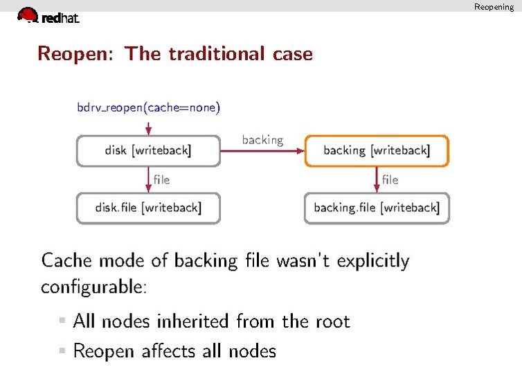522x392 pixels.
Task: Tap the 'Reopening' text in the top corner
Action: coord(494,7)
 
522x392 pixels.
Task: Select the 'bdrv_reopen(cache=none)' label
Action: coord(148,107)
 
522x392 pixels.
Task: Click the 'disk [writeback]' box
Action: coord(148,150)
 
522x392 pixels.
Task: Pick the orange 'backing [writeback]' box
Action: coord(377,150)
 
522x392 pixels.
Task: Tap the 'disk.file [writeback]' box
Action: coord(148,208)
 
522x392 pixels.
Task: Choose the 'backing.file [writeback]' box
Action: coord(377,208)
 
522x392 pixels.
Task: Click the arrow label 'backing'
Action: coord(262,140)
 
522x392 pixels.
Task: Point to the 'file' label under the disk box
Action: coord(161,179)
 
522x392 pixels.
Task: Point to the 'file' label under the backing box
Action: coord(390,179)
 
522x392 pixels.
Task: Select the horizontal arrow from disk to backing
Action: coord(262,150)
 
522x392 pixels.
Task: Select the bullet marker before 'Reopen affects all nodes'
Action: coord(62,351)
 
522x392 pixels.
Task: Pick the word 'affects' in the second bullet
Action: coord(170,351)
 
